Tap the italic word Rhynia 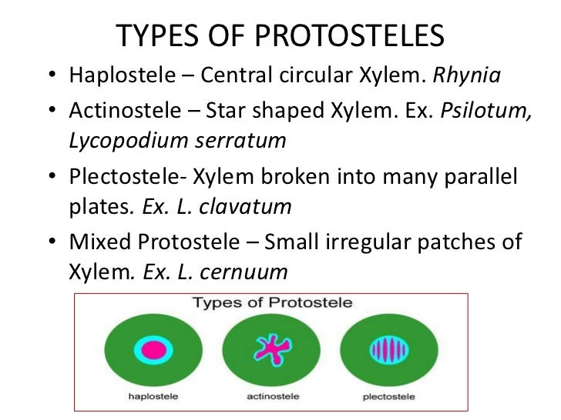[469, 77]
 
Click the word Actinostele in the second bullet [119, 110]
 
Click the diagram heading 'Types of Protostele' [272, 302]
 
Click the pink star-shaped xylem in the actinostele [273, 348]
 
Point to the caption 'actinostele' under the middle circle [272, 396]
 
